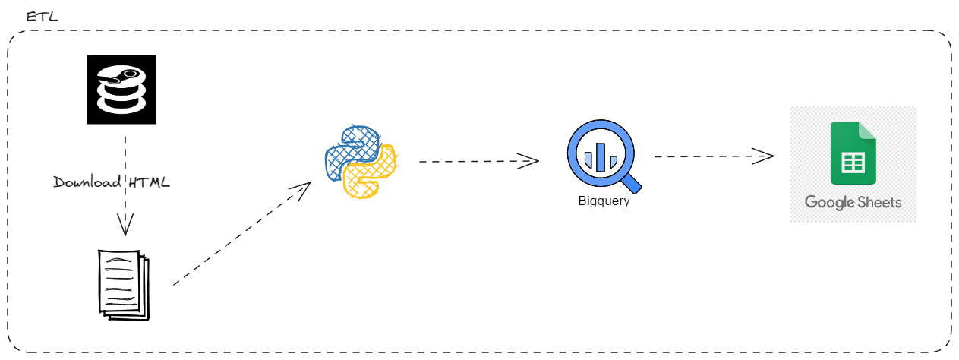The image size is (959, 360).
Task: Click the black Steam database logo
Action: coord(121,89)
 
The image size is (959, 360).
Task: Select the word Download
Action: coord(87,182)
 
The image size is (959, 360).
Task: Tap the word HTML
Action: coord(149,182)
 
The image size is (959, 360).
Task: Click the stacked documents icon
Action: coord(123,283)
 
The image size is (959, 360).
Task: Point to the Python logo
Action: coord(361,162)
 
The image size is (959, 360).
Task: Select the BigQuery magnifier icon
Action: coord(603,157)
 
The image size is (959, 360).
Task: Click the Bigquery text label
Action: coord(604,202)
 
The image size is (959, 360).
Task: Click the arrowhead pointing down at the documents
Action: coord(125,224)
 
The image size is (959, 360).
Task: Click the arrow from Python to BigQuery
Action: coord(478,160)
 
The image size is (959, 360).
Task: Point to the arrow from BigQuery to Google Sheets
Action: coord(714,156)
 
